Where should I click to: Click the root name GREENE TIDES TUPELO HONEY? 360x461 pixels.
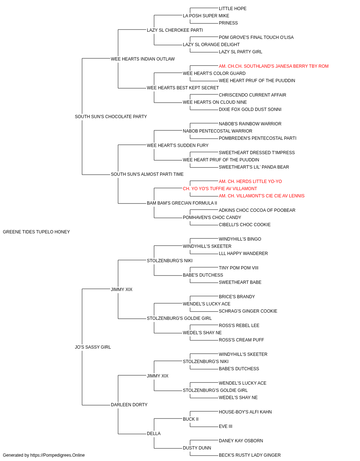coord(36,232)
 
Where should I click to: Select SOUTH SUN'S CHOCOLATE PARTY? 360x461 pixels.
coord(111,117)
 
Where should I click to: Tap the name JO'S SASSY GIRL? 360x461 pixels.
coord(93,347)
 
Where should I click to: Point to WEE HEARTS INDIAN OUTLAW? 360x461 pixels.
coord(143,59)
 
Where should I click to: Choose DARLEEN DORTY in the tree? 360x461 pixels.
coord(129,405)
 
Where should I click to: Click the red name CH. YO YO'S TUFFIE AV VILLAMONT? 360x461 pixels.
coord(220,189)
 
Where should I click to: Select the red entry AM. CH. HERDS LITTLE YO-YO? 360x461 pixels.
coord(250,182)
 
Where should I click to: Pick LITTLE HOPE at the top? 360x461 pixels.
coord(233,9)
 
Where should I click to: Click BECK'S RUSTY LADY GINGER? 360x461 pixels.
coord(249,455)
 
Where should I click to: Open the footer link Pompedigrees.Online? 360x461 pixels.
coord(57,455)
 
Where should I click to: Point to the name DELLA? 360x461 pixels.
coord(154,433)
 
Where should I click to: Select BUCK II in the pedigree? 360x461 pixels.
coord(190,419)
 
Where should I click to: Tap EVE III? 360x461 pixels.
coord(225,426)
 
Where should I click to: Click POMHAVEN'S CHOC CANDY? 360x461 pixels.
coord(212,218)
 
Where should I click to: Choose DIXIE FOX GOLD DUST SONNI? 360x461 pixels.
coord(250,109)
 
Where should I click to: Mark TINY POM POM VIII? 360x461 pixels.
coord(239,268)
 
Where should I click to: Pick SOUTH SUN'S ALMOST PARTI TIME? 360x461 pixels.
coord(147,174)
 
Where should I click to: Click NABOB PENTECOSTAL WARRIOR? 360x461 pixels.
coord(217,131)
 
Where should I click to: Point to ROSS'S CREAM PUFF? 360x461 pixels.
coord(241,340)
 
